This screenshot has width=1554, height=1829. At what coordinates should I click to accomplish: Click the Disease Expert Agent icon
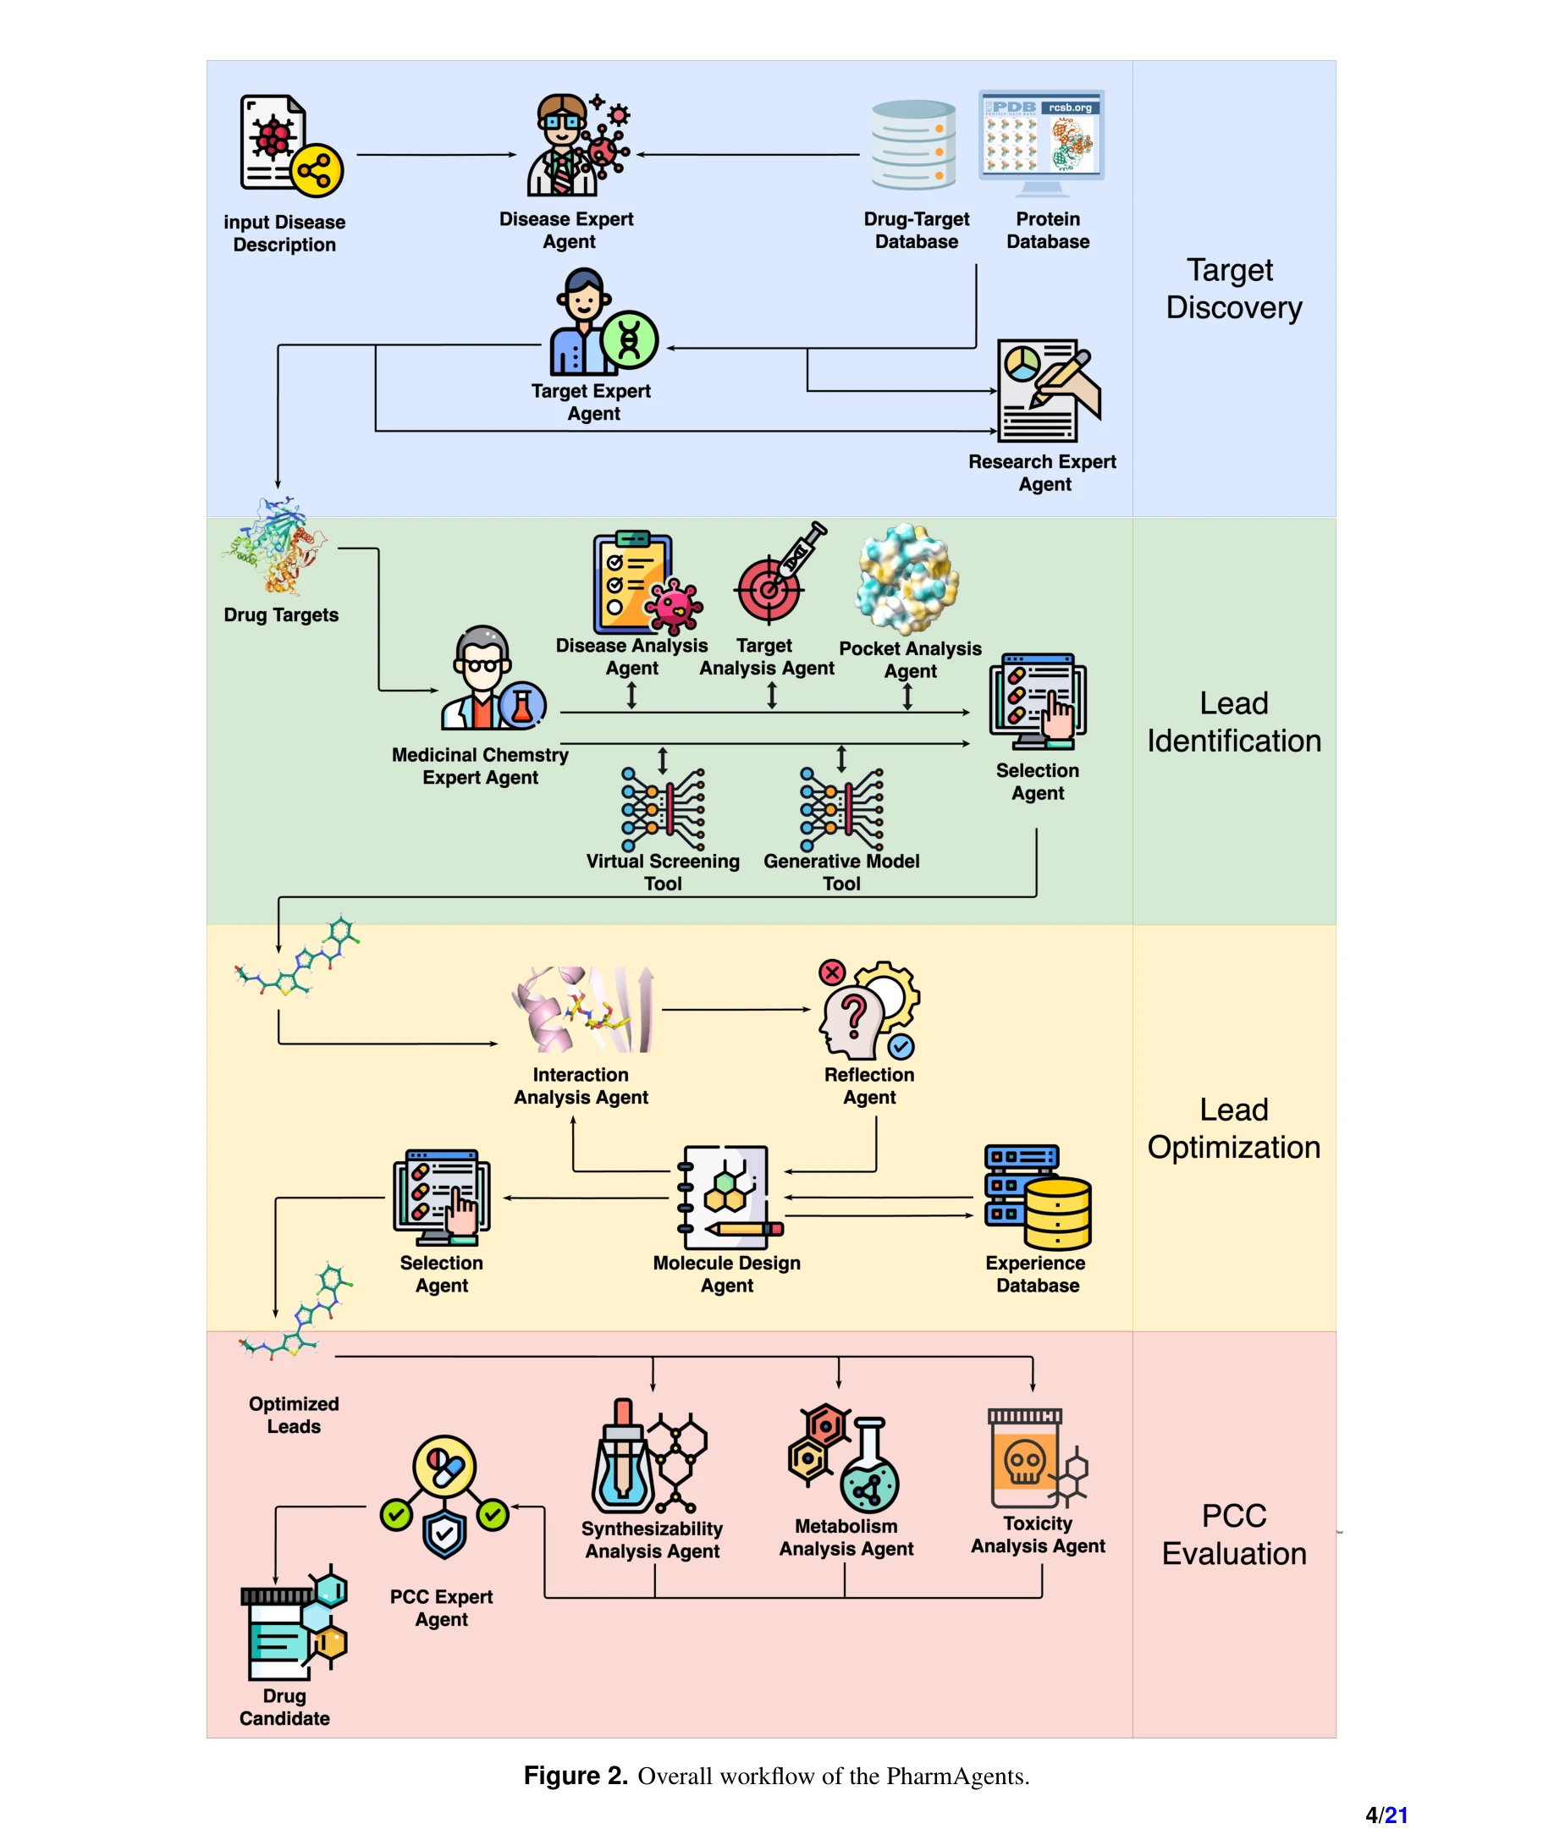click(577, 146)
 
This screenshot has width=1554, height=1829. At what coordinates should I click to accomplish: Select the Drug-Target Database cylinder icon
click(913, 145)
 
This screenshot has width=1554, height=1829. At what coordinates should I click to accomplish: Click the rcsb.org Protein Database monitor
click(1040, 141)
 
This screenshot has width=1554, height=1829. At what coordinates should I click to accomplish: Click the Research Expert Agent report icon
click(1046, 390)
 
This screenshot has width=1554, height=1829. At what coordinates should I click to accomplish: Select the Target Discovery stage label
click(1232, 288)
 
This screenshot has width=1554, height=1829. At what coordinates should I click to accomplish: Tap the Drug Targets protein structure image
click(275, 547)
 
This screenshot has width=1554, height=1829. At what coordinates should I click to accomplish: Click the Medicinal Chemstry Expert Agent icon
click(492, 680)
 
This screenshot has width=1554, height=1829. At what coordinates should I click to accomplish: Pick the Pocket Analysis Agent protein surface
click(906, 579)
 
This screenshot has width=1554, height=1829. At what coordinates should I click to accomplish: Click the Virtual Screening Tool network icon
click(663, 808)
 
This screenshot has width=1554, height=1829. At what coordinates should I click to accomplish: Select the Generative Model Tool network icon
click(841, 808)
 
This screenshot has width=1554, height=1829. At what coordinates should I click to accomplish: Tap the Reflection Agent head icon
click(867, 1010)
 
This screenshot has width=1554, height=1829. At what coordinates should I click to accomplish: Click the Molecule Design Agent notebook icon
click(727, 1198)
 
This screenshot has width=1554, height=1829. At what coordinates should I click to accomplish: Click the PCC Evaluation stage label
click(1232, 1534)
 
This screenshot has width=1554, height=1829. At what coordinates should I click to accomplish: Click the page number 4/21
click(1386, 1815)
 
